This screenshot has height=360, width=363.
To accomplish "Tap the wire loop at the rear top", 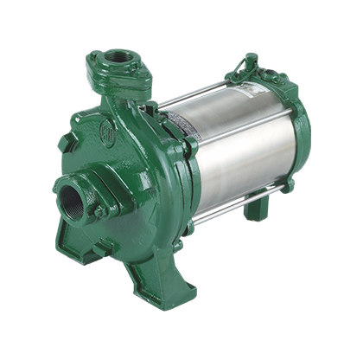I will [x=252, y=62].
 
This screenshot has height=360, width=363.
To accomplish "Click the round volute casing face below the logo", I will [x=138, y=186].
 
